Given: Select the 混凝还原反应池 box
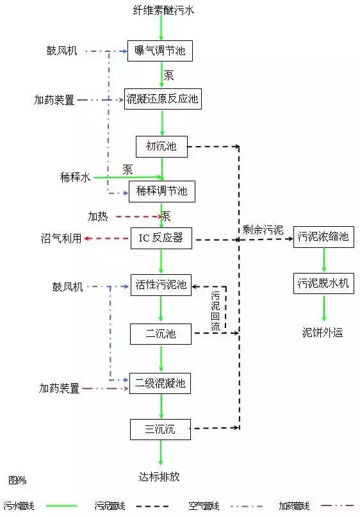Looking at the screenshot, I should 163,99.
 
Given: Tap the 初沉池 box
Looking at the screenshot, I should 161,147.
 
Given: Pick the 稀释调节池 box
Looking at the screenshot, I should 161,191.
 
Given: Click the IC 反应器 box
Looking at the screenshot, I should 161,238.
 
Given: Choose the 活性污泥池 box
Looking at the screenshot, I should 161,285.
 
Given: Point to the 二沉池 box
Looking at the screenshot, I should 161,333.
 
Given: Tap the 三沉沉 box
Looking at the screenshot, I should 161,429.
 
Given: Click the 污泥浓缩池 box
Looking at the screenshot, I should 323,236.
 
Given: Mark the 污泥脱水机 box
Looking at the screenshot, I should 323,283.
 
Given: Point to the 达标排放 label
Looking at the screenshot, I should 160,477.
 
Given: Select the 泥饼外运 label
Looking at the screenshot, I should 323,332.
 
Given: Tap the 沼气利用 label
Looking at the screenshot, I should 61,238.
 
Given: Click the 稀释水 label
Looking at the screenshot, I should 75,177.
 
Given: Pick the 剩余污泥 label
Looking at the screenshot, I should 263,229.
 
